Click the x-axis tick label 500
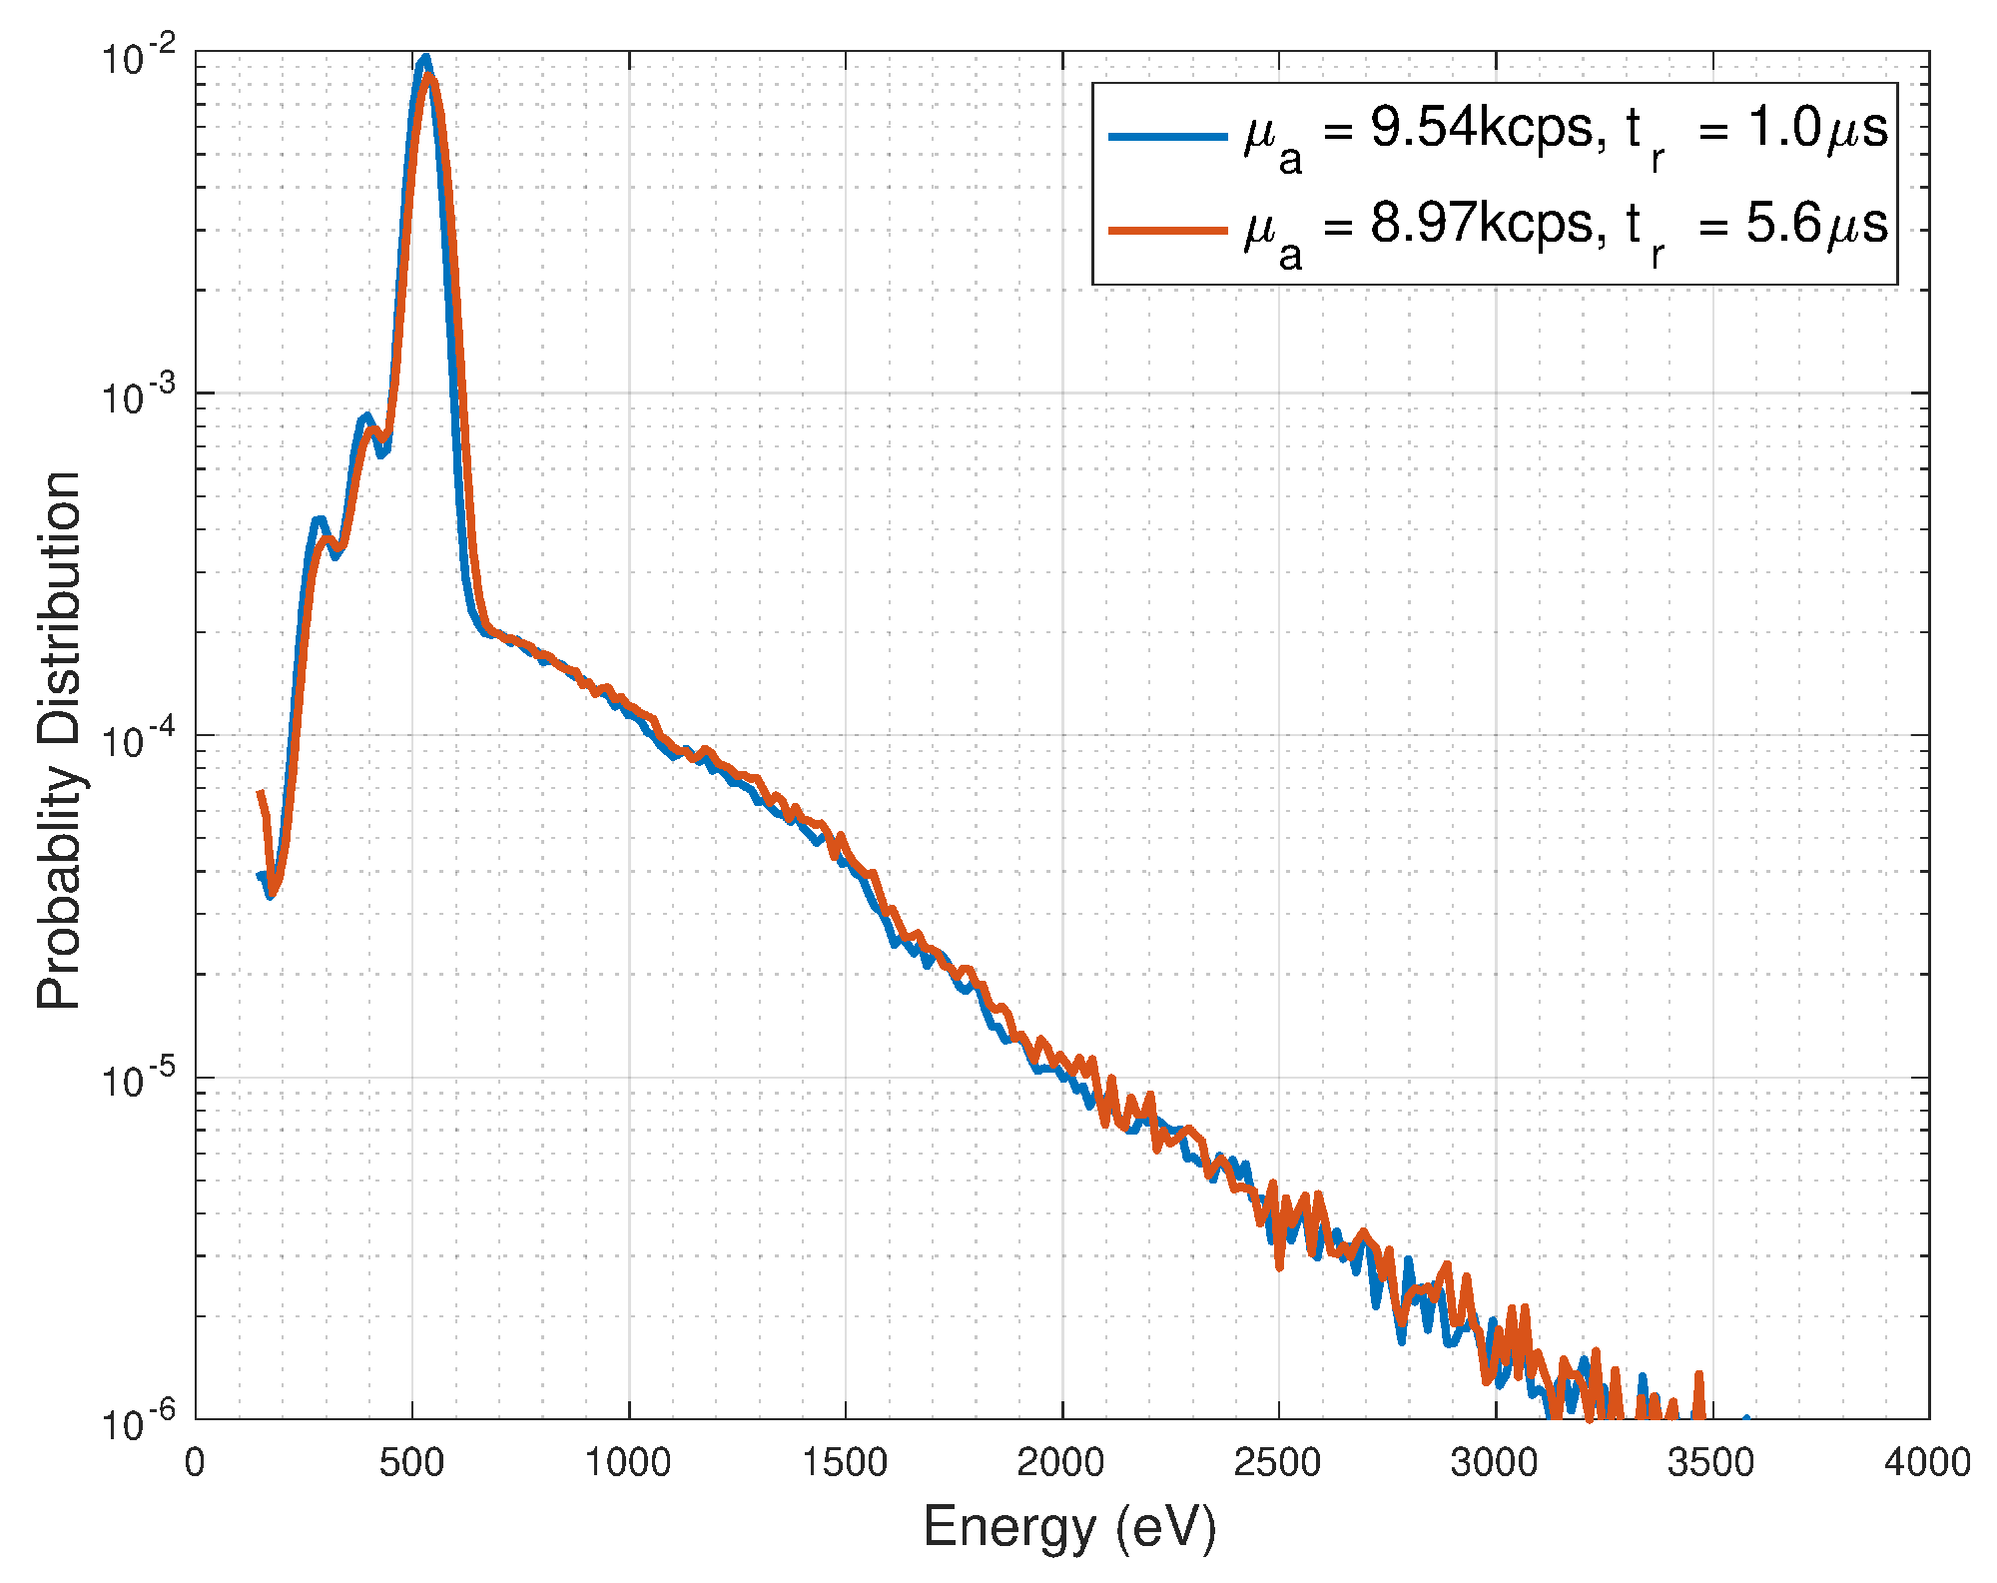pyautogui.click(x=410, y=1463)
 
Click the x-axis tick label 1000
pyautogui.click(x=627, y=1463)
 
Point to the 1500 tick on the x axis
pyautogui.click(x=845, y=1463)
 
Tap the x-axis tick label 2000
pyautogui.click(x=1060, y=1463)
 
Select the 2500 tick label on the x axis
pyautogui.click(x=1277, y=1463)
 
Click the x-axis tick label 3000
pyautogui.click(x=1495, y=1463)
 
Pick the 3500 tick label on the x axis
pyautogui.click(x=1711, y=1463)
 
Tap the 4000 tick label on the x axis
pyautogui.click(x=1927, y=1463)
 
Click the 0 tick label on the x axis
pyautogui.click(x=195, y=1463)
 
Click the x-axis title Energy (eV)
pyautogui.click(x=1069, y=1527)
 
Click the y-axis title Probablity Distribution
pyautogui.click(x=60, y=740)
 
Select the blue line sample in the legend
pyautogui.click(x=1167, y=135)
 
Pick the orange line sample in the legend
pyautogui.click(x=1167, y=231)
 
